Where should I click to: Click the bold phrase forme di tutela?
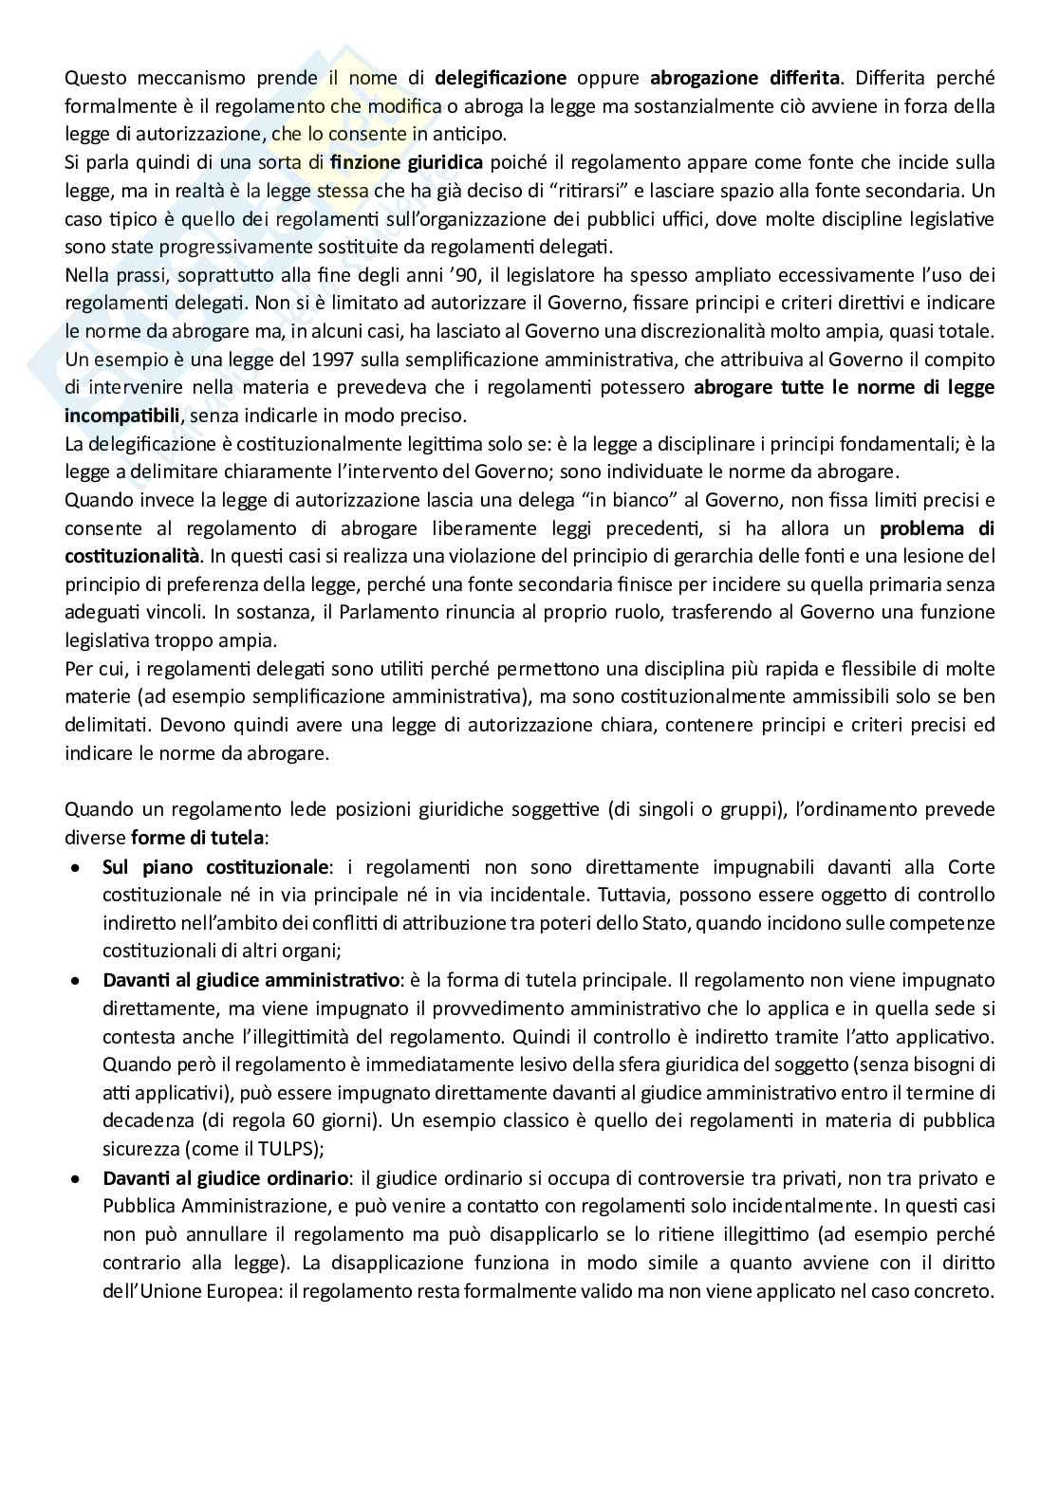click(x=199, y=838)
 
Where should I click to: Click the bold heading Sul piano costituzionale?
click(x=215, y=866)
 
